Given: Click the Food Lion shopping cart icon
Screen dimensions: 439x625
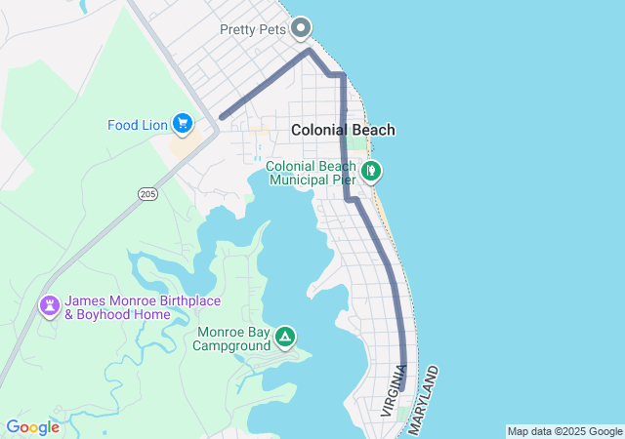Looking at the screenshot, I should (182, 123).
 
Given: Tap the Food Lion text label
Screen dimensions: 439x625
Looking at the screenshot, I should (138, 124).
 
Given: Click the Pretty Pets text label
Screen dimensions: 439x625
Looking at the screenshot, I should (253, 29).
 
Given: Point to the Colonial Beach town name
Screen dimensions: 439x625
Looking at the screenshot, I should (343, 130).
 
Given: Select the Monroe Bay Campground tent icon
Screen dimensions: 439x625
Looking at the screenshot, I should (284, 338).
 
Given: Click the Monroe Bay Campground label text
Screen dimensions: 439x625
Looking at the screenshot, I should (233, 339).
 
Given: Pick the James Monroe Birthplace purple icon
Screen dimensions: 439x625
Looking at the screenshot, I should (49, 306).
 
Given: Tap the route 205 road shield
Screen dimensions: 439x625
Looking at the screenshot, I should (147, 194).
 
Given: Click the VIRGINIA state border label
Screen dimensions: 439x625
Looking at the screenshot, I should (394, 391).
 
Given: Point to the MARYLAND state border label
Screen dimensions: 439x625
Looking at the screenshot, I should (422, 399).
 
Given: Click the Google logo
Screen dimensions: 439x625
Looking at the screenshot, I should (32, 427).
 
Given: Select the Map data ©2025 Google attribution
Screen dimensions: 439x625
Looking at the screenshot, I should (564, 431).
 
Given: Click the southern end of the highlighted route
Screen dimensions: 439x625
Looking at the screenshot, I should (401, 387).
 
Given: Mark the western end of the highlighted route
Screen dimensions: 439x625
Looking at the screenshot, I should (223, 117).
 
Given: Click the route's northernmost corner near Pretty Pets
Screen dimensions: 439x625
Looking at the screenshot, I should (310, 50).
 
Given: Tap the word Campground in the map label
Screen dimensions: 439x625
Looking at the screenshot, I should (233, 345).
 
